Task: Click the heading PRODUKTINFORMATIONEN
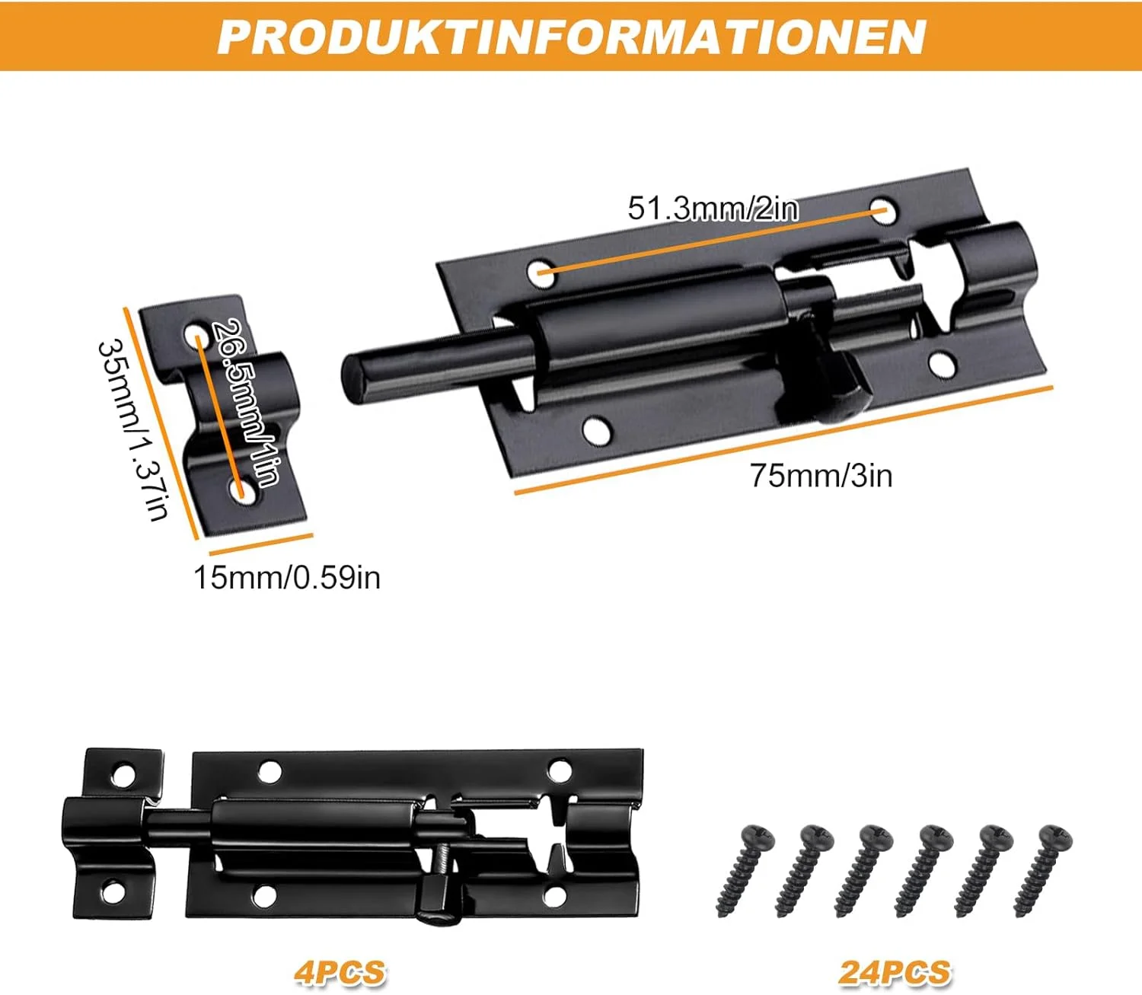tap(571, 37)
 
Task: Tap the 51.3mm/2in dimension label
tap(713, 209)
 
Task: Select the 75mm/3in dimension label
tap(821, 476)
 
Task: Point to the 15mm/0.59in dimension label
tap(287, 578)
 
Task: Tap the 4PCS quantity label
tap(340, 973)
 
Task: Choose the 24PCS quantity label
tap(895, 973)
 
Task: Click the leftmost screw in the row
tap(745, 870)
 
